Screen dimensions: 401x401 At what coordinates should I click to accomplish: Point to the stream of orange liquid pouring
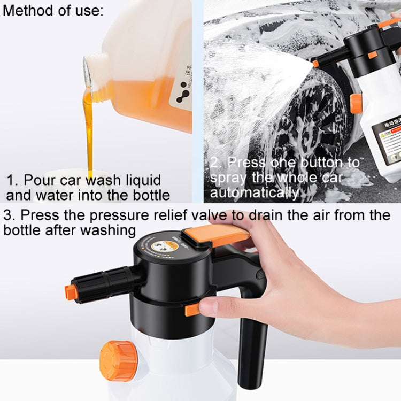89,128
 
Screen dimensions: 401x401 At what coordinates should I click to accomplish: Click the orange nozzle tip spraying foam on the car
315,64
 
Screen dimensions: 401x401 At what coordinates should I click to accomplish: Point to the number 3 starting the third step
8,215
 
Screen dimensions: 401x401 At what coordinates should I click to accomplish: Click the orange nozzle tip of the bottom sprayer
70,292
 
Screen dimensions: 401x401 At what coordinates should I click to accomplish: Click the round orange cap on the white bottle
118,361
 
